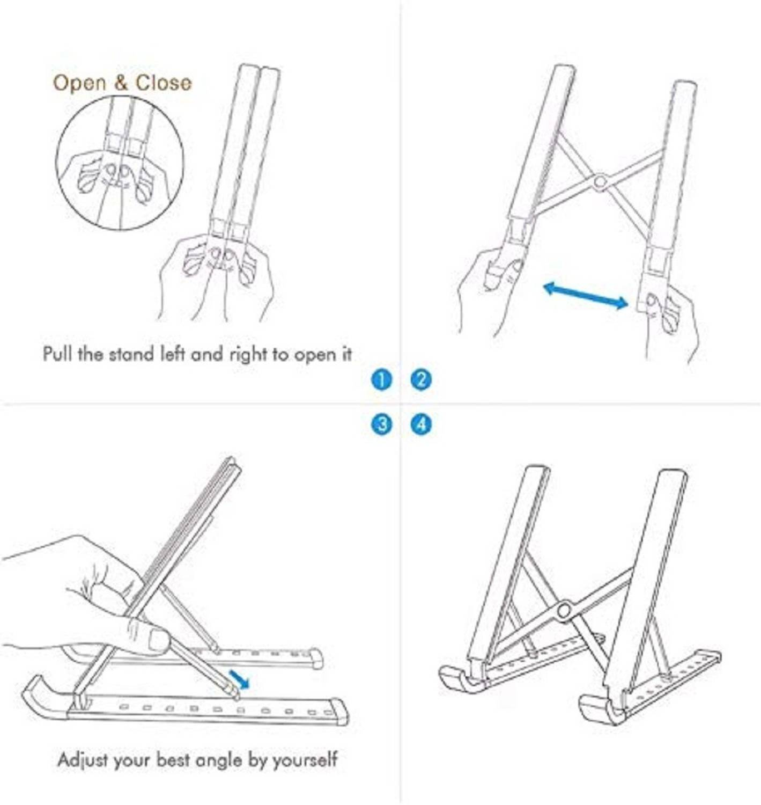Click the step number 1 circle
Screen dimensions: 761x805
[381, 381]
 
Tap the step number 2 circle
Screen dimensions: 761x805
[420, 381]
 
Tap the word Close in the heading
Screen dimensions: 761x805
[163, 83]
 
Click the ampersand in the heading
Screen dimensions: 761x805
[120, 83]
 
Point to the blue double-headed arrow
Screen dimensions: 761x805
[586, 295]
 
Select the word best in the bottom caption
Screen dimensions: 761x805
[173, 760]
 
